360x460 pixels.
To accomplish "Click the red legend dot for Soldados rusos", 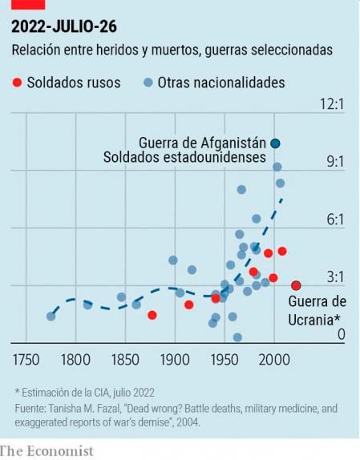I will tap(17, 83).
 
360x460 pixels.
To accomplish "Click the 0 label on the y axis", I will tap(341, 334).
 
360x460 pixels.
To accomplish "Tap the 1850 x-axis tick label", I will tap(125, 358).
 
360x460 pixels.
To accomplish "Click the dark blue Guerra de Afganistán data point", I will tap(275, 143).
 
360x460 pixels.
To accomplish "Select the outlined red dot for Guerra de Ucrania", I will tap(296, 285).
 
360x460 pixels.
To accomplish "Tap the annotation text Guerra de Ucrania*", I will tap(316, 311).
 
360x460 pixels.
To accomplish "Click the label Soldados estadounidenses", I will tap(184, 158).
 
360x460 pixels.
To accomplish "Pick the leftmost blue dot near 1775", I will tap(51, 316).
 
